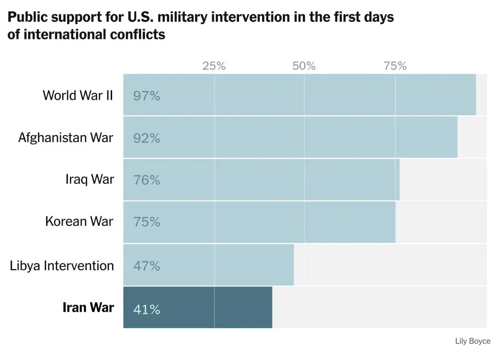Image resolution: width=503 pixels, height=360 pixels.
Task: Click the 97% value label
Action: click(x=147, y=96)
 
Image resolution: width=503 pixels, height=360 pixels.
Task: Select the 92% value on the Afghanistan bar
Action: click(x=147, y=138)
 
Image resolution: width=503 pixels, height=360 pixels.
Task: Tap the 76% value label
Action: click(x=147, y=180)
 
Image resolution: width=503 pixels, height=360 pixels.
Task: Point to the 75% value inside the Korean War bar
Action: click(x=147, y=222)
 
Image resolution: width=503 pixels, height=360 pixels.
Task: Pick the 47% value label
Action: click(x=147, y=266)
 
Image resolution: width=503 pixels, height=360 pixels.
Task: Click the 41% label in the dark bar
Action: click(x=147, y=309)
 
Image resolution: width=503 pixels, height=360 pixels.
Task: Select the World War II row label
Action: click(x=78, y=95)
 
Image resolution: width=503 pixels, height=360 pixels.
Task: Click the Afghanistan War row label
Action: click(x=66, y=137)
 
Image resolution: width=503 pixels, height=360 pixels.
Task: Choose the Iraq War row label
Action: click(x=90, y=180)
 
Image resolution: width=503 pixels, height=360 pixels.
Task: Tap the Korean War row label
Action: click(x=79, y=222)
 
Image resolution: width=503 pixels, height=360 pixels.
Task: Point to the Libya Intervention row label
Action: click(x=62, y=266)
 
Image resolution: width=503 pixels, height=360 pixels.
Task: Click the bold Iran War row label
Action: click(x=88, y=308)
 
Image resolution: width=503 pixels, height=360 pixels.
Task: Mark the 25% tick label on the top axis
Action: click(x=214, y=66)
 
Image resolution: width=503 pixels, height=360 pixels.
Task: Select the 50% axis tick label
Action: click(x=304, y=66)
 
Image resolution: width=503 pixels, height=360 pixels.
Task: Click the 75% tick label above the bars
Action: click(x=395, y=66)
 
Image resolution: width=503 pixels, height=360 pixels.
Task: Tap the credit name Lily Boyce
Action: click(x=472, y=341)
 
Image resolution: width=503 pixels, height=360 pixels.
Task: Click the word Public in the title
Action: click(x=29, y=18)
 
